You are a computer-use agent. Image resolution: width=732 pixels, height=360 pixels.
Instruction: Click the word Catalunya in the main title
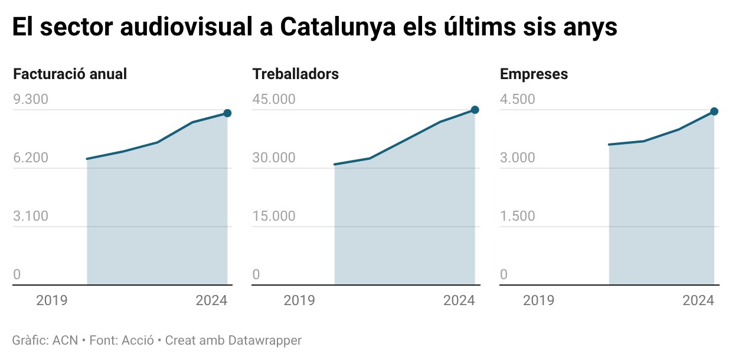[x=337, y=28]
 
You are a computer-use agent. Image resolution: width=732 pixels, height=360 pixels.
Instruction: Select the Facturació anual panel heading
[x=70, y=74]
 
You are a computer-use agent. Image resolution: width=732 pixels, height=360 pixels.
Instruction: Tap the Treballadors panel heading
[x=295, y=74]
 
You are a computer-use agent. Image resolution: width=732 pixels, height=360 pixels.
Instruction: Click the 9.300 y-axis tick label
[x=31, y=99]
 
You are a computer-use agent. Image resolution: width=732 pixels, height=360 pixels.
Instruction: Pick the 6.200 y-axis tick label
[x=31, y=158]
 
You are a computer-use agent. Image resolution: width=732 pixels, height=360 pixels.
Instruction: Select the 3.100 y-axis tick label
[x=31, y=216]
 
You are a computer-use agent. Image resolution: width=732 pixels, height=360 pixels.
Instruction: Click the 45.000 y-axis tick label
[x=274, y=99]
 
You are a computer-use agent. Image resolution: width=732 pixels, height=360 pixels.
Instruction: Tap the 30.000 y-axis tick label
[x=274, y=158]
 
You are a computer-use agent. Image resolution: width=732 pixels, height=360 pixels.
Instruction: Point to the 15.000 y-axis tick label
[x=274, y=216]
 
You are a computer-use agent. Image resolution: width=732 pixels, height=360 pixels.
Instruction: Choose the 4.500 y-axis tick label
[x=518, y=99]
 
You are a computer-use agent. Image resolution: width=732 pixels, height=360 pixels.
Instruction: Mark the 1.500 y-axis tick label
[x=518, y=216]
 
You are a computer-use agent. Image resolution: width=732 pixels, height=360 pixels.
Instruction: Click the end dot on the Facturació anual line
[x=227, y=113]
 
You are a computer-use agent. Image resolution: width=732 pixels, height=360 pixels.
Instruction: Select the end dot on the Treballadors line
[x=475, y=110]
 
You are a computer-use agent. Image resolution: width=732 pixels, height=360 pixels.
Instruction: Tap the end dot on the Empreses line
[x=714, y=112]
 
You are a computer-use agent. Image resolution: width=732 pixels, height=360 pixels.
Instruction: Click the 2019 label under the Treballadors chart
[x=299, y=300]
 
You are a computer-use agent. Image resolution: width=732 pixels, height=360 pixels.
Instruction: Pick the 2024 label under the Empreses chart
[x=698, y=300]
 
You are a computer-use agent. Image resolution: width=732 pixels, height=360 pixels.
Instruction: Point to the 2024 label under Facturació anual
[x=211, y=300]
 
